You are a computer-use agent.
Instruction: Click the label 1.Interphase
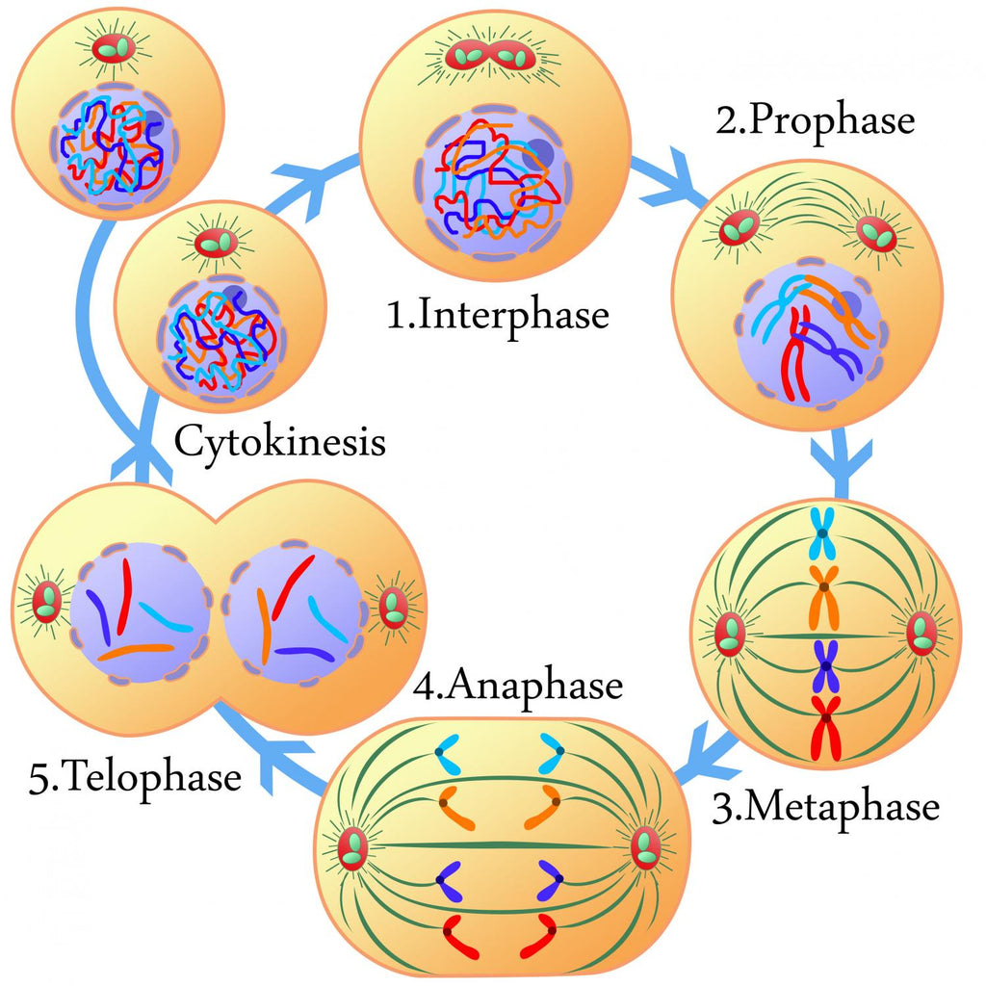(x=498, y=316)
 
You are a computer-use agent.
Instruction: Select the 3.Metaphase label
(x=825, y=806)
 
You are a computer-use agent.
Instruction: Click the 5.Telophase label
(x=135, y=778)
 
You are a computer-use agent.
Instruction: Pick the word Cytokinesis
(x=279, y=443)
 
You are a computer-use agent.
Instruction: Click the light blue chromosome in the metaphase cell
(x=823, y=532)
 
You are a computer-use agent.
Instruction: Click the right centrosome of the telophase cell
(x=393, y=608)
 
